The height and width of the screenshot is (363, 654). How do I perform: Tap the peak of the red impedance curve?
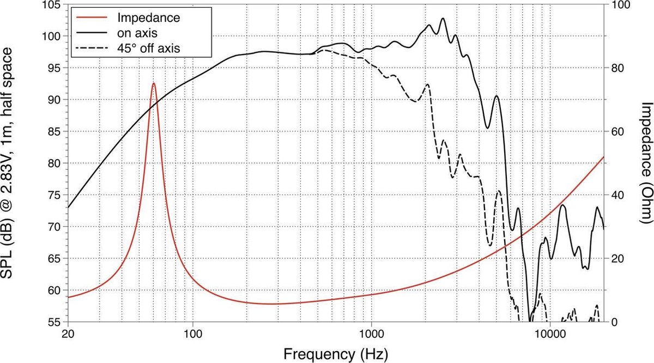[x=154, y=83]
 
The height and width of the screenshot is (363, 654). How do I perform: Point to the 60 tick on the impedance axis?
[x=618, y=131]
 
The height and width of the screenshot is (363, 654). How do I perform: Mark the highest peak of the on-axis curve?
[x=443, y=19]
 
